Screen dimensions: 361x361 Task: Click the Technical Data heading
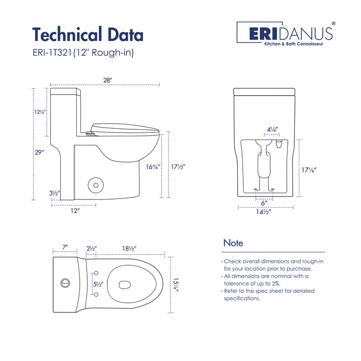pyautogui.click(x=88, y=34)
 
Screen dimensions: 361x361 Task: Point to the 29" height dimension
pyautogui.click(x=39, y=152)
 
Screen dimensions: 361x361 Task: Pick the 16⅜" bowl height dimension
pyautogui.click(x=152, y=166)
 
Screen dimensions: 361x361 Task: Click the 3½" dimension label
pyautogui.click(x=54, y=193)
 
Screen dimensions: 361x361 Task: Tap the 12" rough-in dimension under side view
pyautogui.click(x=75, y=211)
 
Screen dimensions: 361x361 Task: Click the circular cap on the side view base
pyautogui.click(x=94, y=185)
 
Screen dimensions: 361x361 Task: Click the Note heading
pyautogui.click(x=233, y=243)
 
